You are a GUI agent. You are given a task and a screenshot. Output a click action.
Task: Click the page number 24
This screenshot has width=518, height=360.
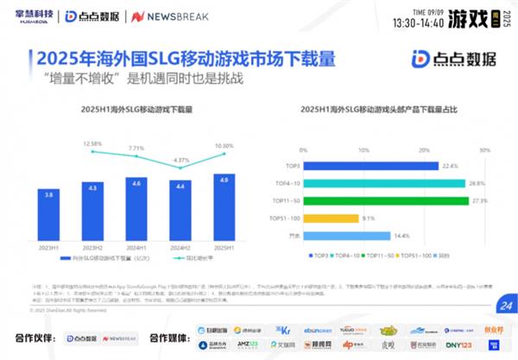(505, 305)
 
